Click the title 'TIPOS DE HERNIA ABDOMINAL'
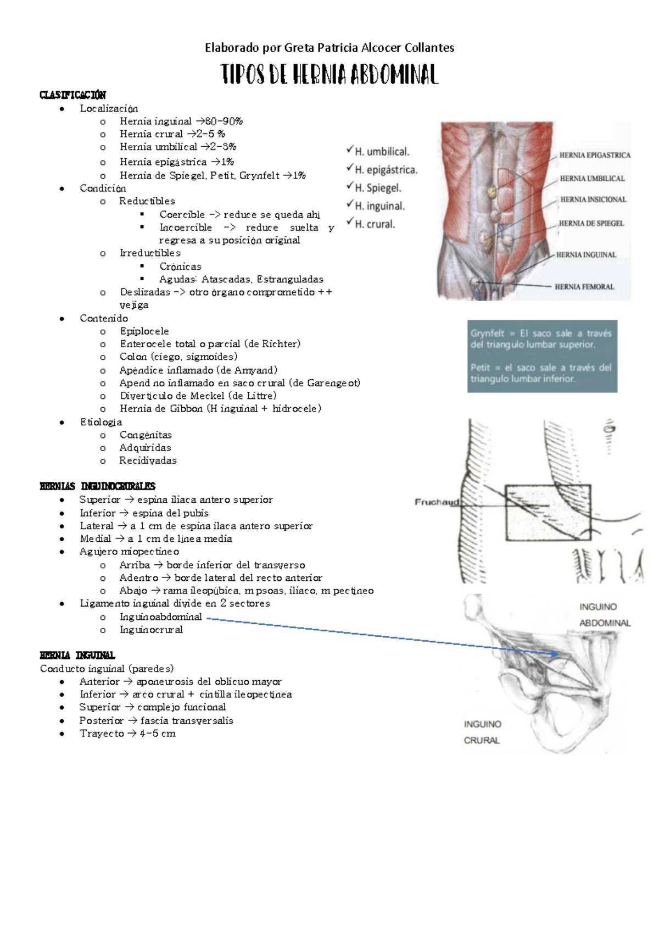tap(329, 75)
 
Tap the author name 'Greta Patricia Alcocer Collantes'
tap(369, 48)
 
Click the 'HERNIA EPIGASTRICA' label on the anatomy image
tap(595, 155)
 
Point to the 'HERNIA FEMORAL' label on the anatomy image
tap(584, 287)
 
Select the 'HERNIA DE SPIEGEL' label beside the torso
tap(591, 224)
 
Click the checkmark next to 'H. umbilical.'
tap(350, 149)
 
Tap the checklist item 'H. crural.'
tap(375, 224)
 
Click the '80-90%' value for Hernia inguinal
tap(224, 121)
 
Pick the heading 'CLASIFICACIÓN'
tap(73, 95)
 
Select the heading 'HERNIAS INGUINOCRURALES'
tap(98, 486)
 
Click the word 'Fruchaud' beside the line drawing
tap(437, 502)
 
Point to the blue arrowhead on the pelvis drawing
tap(556, 654)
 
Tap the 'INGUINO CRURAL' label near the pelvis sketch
tap(482, 732)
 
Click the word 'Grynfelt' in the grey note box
tap(487, 334)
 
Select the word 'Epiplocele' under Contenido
tap(144, 331)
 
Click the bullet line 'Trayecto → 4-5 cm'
tap(127, 734)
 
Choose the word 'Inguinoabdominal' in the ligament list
tap(161, 617)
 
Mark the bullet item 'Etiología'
tap(101, 422)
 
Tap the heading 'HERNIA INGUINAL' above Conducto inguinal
tap(77, 656)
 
